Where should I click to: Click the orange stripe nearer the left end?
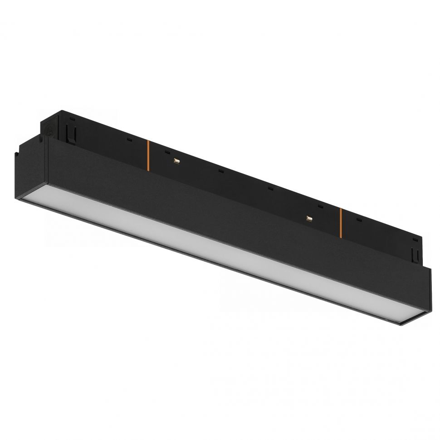pos(147,156)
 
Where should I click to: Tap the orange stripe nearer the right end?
pos(340,223)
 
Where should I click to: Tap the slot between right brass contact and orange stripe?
pos(320,206)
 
